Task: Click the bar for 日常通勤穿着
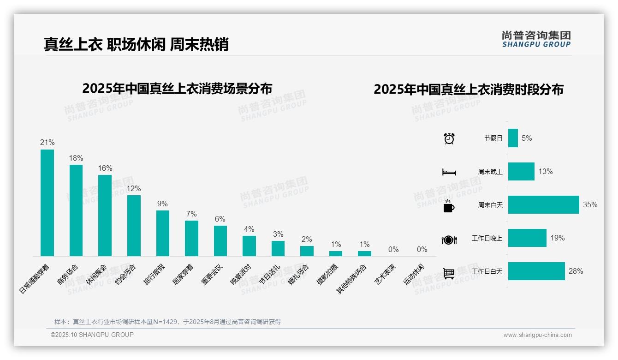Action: (x=47, y=203)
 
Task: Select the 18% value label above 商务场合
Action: (x=76, y=158)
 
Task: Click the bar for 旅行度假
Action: (x=163, y=233)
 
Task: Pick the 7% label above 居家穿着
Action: (x=191, y=214)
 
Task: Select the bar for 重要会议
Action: (x=220, y=240)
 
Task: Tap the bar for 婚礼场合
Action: (x=307, y=251)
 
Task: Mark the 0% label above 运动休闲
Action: (x=422, y=249)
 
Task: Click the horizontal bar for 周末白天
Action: (x=543, y=204)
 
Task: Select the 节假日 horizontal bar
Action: (x=513, y=138)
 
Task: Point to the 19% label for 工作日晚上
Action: (x=557, y=238)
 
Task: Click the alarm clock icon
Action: (x=449, y=138)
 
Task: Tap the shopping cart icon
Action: (x=449, y=273)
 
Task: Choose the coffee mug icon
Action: (x=449, y=206)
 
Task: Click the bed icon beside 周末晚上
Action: (x=449, y=172)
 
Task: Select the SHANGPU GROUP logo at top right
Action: (x=536, y=39)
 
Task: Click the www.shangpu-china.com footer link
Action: (x=537, y=335)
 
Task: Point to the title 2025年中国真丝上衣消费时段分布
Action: (x=469, y=90)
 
